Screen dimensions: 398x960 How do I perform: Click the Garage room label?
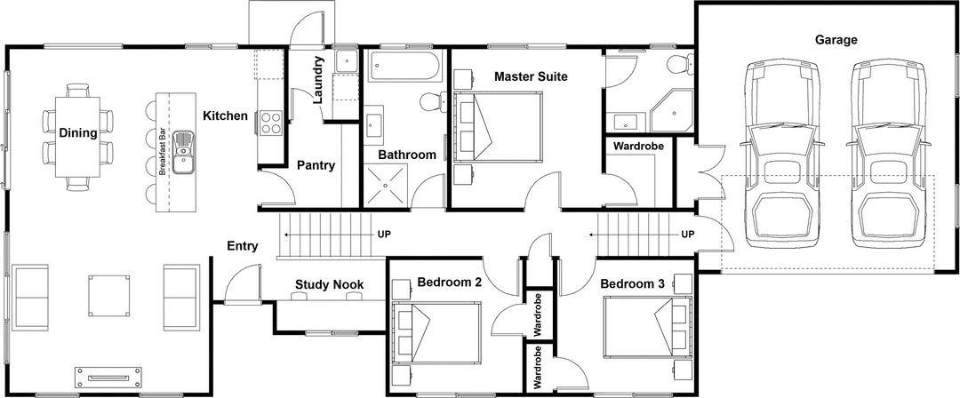pyautogui.click(x=836, y=39)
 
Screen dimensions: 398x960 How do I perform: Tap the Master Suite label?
pyautogui.click(x=531, y=76)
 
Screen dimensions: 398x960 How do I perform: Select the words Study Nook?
pyautogui.click(x=329, y=284)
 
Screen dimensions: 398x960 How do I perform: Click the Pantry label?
pyautogui.click(x=316, y=164)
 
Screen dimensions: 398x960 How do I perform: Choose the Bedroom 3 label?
pyautogui.click(x=632, y=283)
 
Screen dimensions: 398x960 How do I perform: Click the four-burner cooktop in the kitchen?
pyautogui.click(x=270, y=123)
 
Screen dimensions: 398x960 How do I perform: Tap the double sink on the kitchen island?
pyautogui.click(x=184, y=151)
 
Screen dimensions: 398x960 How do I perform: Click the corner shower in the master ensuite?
pyautogui.click(x=672, y=110)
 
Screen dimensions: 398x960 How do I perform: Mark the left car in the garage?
pyautogui.click(x=780, y=155)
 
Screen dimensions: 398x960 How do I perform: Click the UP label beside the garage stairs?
pyautogui.click(x=687, y=235)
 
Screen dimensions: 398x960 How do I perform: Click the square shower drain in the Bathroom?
pyautogui.click(x=385, y=187)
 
